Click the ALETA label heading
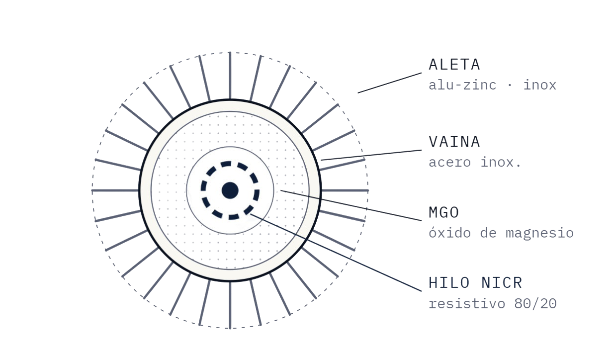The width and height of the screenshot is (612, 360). [454, 65]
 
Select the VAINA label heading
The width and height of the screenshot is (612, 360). [454, 142]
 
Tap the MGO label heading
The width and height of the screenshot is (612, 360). [443, 212]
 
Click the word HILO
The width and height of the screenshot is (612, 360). [448, 282]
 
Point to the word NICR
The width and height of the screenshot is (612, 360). [501, 282]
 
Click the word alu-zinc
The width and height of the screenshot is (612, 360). [462, 85]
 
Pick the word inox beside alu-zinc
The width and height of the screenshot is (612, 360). [539, 85]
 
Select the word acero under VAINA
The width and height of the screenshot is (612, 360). [450, 163]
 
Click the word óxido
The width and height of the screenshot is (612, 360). [450, 233]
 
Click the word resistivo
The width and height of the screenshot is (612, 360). [467, 303]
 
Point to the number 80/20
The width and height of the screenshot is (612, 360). [535, 303]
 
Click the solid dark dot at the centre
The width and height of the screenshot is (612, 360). [230, 190]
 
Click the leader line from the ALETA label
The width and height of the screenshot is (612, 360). [390, 83]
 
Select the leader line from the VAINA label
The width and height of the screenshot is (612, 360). [371, 155]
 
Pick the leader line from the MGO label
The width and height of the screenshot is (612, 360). [351, 205]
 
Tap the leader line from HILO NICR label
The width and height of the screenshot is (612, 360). [336, 253]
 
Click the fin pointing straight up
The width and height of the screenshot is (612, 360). [230, 76]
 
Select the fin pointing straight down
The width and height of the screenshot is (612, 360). [230, 305]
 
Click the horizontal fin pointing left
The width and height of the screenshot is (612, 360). [115, 190]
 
